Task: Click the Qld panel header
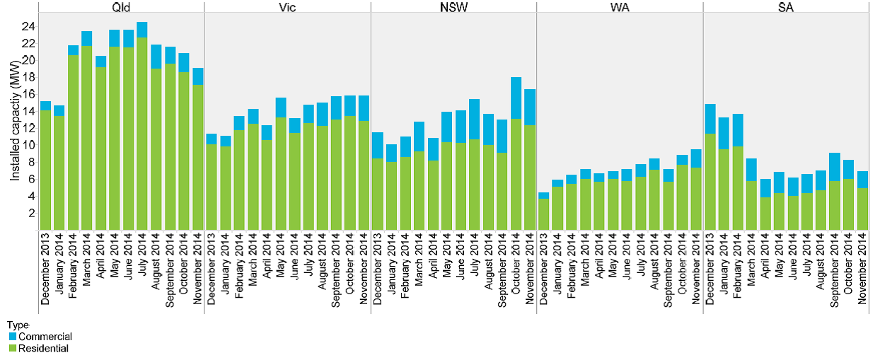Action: tap(121, 7)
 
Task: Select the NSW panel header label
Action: tap(453, 7)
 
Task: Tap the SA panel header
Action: tap(786, 7)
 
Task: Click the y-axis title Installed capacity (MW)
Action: tap(15, 120)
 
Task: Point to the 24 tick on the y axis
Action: tap(28, 27)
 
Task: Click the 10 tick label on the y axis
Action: tap(28, 145)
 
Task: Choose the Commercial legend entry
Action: tap(40, 337)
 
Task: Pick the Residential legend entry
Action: tap(39, 348)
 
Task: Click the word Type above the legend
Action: tap(18, 325)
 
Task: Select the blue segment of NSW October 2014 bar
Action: tap(516, 98)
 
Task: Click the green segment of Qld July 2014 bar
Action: tap(141, 134)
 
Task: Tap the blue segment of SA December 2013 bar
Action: tap(710, 119)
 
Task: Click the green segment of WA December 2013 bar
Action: tap(544, 214)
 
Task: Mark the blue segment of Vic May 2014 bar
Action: tap(281, 108)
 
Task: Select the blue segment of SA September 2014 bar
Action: tap(835, 167)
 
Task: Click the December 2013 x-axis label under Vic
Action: tap(211, 269)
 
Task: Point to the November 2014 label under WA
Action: tap(696, 269)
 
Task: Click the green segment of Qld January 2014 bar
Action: tap(59, 173)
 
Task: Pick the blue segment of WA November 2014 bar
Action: tap(696, 158)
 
